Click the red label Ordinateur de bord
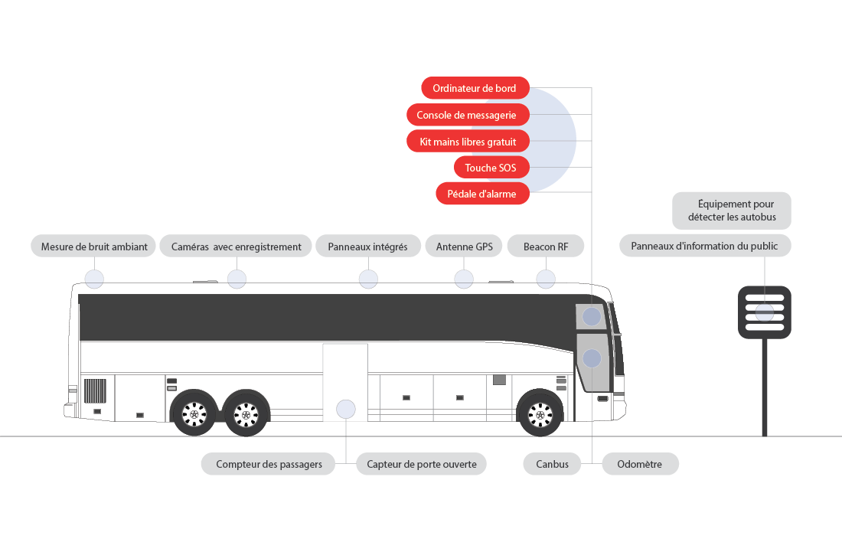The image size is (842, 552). [x=475, y=88]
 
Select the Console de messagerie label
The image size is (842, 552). [x=468, y=115]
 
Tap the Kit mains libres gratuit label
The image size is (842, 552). [x=468, y=142]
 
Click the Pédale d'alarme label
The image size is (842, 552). [x=482, y=194]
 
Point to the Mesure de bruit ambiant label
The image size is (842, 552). [x=93, y=247]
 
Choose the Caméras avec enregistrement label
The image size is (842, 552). [x=237, y=247]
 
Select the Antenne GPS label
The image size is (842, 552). [x=464, y=247]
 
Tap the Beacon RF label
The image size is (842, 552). [x=546, y=247]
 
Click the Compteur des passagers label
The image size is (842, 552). [x=268, y=464]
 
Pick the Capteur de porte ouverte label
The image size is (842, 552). [x=422, y=464]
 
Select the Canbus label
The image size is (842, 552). [x=552, y=464]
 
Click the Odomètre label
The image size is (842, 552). [x=640, y=464]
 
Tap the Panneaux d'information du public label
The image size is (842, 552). [x=704, y=246]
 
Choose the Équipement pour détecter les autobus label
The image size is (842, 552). [x=732, y=211]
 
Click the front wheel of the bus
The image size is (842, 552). [x=540, y=413]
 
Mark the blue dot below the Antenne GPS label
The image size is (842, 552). [x=464, y=279]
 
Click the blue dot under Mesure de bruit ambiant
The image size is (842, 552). [x=94, y=279]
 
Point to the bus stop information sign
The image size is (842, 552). [x=764, y=312]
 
